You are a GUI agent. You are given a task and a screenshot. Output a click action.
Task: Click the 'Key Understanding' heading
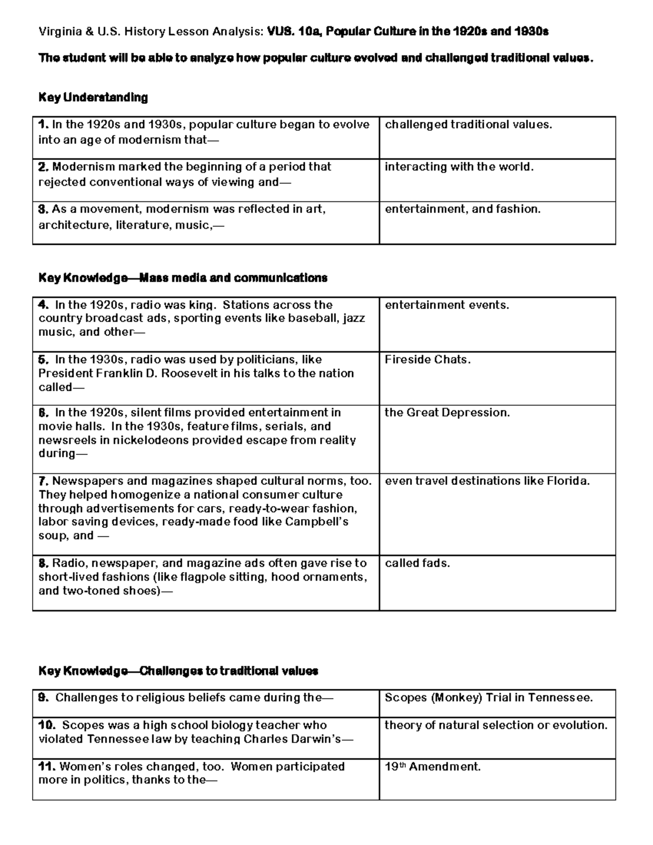coord(93,97)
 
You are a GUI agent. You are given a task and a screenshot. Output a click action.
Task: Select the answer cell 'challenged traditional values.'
coord(469,125)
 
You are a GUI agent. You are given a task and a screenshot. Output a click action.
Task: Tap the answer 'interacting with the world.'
coord(459,167)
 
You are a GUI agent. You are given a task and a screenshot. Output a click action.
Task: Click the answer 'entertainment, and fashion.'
coord(463,209)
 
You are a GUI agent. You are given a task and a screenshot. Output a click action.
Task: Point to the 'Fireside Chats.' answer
coord(428,360)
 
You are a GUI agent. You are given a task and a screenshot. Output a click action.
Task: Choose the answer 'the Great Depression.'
coord(447,412)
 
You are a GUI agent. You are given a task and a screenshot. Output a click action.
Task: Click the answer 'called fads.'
coord(417,563)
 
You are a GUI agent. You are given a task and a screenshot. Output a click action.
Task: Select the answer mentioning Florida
coord(487,481)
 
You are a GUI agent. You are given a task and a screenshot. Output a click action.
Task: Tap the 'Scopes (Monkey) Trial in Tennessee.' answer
coord(489,698)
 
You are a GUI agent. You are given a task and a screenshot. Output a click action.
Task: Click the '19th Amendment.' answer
coord(433,767)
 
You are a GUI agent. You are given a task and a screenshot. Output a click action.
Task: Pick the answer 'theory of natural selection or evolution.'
coord(496,725)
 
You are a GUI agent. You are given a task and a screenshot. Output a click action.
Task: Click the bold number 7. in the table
coord(44,481)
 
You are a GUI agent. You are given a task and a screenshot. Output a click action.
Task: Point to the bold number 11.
coord(47,767)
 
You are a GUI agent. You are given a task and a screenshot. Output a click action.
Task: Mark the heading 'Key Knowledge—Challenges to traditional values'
coord(178,671)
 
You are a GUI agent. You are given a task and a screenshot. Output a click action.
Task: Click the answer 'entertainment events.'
coord(447,305)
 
